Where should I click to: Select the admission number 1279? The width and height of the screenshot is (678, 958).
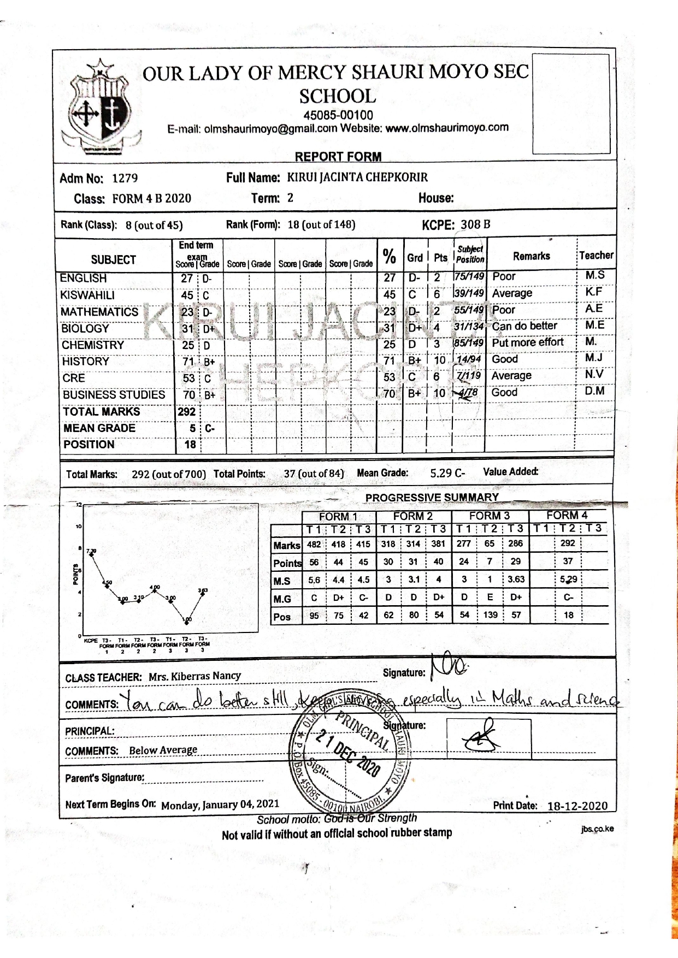[125, 179]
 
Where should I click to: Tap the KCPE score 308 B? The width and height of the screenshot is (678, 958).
[475, 224]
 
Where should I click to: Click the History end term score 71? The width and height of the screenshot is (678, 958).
[188, 362]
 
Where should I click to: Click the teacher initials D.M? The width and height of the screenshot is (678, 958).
[594, 391]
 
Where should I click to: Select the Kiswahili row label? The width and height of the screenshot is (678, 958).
[87, 295]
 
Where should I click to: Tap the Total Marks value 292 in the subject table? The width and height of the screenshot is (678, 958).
[186, 411]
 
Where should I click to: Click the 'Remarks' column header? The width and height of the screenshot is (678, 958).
[531, 256]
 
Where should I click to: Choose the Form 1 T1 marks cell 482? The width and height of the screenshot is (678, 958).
[314, 544]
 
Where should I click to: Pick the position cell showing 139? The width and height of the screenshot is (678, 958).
[490, 615]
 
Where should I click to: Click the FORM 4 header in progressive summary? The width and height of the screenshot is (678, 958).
[567, 515]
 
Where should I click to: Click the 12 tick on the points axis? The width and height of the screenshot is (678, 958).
[79, 505]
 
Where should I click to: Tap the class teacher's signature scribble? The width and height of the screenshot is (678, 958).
[447, 665]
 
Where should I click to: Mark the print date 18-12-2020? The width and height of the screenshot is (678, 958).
[577, 806]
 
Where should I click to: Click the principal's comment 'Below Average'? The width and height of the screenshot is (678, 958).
[163, 750]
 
